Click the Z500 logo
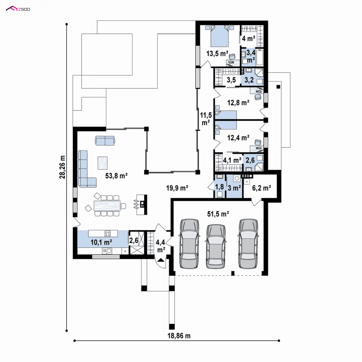point(18,9)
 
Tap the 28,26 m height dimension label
point(62,167)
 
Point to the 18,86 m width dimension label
point(179,336)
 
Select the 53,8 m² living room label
point(116,176)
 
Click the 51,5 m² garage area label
point(218,214)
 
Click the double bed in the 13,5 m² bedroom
point(220,36)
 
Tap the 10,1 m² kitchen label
point(101,242)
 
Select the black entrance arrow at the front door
point(161,260)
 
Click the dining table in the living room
point(107,206)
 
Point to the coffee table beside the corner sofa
point(103,163)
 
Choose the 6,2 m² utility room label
point(262,188)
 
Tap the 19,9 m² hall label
point(177,188)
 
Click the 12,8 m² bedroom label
point(238,103)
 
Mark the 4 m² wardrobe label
point(249,39)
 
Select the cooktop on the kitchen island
point(108,233)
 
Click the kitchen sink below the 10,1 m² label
point(107,251)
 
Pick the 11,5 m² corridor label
point(206,119)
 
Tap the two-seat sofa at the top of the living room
point(105,141)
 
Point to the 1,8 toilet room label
point(219,187)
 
